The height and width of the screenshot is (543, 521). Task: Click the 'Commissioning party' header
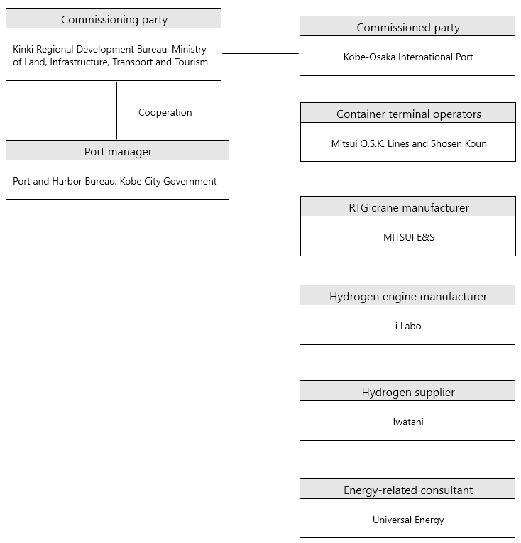[x=114, y=20]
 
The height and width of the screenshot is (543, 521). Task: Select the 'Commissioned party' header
[x=408, y=28]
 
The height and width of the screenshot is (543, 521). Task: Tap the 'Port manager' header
[x=118, y=152]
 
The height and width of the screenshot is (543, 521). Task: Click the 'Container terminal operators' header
[x=409, y=114]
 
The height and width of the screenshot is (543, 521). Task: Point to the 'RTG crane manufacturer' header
[x=409, y=208]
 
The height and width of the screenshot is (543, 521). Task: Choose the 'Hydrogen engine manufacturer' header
[x=408, y=297]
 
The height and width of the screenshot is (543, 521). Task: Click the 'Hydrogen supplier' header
[x=408, y=393]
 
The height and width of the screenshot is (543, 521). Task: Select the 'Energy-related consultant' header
[x=408, y=490]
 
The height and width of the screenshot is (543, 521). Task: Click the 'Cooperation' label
[x=165, y=113]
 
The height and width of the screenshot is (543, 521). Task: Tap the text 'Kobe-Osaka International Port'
[x=408, y=57]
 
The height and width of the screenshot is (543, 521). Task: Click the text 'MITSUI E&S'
[x=409, y=237]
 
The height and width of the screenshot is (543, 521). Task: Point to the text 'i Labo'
[x=408, y=327]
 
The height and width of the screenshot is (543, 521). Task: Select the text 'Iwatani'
[x=408, y=422]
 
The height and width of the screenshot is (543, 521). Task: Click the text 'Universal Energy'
[x=408, y=520]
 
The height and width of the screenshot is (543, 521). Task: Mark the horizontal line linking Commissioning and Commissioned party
[x=260, y=54]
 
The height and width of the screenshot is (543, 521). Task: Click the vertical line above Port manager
[x=116, y=111]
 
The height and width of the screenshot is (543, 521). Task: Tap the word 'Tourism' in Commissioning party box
[x=191, y=62]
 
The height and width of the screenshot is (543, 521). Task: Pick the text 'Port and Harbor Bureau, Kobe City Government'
[x=115, y=182]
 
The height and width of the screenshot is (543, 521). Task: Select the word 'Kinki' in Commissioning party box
[x=23, y=49]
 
